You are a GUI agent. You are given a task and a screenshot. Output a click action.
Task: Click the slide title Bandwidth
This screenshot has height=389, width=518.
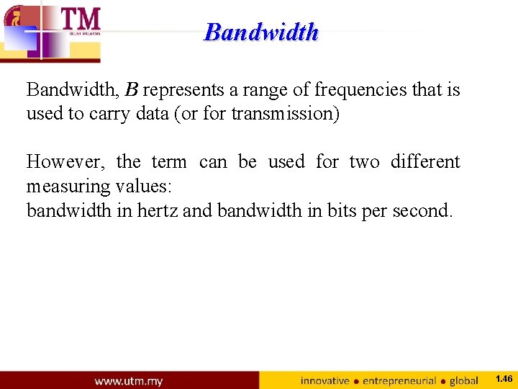coord(261,32)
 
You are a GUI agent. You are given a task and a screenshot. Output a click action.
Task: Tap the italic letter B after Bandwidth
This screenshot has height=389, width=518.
coord(132,90)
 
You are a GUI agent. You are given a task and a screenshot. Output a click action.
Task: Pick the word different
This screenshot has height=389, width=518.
coord(424,162)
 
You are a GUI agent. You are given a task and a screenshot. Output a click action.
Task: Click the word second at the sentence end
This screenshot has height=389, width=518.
coord(420,210)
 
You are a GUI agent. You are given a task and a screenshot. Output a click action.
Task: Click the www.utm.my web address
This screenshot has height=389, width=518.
coord(129,380)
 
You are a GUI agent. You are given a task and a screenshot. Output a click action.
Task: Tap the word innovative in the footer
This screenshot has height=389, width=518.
coord(324,380)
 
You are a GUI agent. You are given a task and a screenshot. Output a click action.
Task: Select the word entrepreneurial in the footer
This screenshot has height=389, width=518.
coord(400,380)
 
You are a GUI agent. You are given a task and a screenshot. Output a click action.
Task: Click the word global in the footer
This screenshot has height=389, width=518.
coord(464,380)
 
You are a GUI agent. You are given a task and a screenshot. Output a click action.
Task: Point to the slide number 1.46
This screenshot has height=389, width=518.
coord(504,379)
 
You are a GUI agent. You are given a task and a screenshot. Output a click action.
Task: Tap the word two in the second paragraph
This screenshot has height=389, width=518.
coord(364,162)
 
